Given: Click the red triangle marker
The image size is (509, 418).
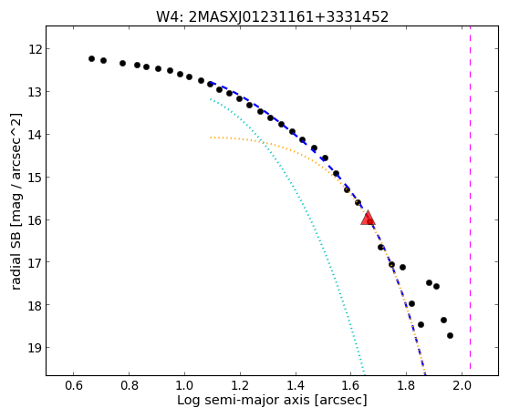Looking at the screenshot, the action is pyautogui.click(x=368, y=218).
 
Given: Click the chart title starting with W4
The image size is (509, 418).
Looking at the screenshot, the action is pyautogui.click(x=272, y=17).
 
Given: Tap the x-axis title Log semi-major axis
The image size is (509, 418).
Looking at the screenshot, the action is pyautogui.click(x=272, y=400).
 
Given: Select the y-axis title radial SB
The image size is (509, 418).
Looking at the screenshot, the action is pyautogui.click(x=16, y=201).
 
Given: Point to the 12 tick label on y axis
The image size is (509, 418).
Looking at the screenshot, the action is pyautogui.click(x=35, y=49).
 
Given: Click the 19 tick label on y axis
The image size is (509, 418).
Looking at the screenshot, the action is pyautogui.click(x=35, y=348).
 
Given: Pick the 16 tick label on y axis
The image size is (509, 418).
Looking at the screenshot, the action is pyautogui.click(x=35, y=220).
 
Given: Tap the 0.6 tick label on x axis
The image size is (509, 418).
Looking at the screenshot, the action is pyautogui.click(x=73, y=385).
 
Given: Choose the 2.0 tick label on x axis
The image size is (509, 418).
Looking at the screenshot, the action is pyautogui.click(x=462, y=385).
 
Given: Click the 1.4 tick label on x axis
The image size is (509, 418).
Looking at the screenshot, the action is pyautogui.click(x=296, y=385).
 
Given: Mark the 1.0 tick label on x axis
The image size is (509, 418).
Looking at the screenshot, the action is pyautogui.click(x=184, y=385).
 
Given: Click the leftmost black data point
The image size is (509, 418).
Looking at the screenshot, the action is pyautogui.click(x=91, y=58).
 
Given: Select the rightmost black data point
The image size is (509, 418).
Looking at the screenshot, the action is pyautogui.click(x=450, y=335).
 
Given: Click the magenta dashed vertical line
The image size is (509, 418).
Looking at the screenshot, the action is pyautogui.click(x=470, y=198).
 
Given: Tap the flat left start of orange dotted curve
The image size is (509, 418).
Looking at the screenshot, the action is pyautogui.click(x=211, y=138).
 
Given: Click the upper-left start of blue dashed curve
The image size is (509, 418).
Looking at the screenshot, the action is pyautogui.click(x=212, y=83).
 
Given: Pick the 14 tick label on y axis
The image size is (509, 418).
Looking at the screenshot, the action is pyautogui.click(x=35, y=135).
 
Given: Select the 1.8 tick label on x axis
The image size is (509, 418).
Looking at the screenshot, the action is pyautogui.click(x=407, y=385).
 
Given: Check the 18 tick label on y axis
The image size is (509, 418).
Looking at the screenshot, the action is pyautogui.click(x=35, y=305).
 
